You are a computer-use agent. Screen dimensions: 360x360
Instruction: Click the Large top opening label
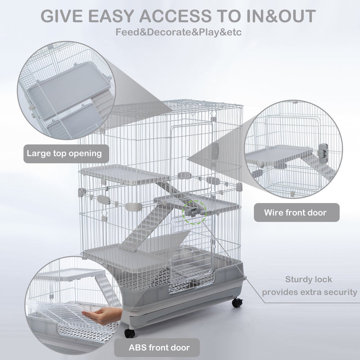[64, 153]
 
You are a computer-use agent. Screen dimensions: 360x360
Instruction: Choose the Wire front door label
[295, 212]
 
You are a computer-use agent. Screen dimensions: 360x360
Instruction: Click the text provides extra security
[310, 292]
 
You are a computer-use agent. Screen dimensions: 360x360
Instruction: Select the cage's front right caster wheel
[236, 303]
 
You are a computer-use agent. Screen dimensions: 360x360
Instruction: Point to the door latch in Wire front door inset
[323, 151]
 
